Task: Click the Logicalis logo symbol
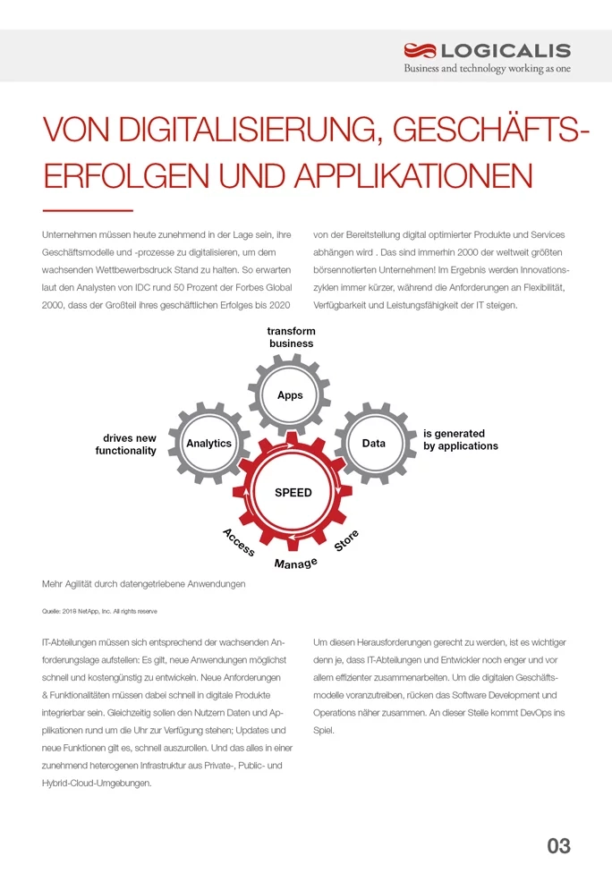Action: coord(419,50)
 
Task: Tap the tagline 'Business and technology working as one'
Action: coord(487,69)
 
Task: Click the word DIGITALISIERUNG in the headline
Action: coord(236,132)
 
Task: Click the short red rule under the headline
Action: coord(87,210)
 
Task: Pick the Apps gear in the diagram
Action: coord(290,394)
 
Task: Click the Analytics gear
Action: coord(208,444)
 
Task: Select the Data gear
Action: coord(373,444)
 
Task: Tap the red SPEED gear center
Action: coord(293,493)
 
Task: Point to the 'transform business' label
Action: coord(291,337)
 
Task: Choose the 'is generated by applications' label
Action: coord(460,439)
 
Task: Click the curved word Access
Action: coord(238,541)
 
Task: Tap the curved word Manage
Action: coord(295,564)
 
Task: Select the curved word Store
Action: coord(346,539)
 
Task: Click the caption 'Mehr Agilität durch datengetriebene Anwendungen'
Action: coord(143,584)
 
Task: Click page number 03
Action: coord(558,844)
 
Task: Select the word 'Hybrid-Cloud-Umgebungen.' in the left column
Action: coord(97,783)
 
